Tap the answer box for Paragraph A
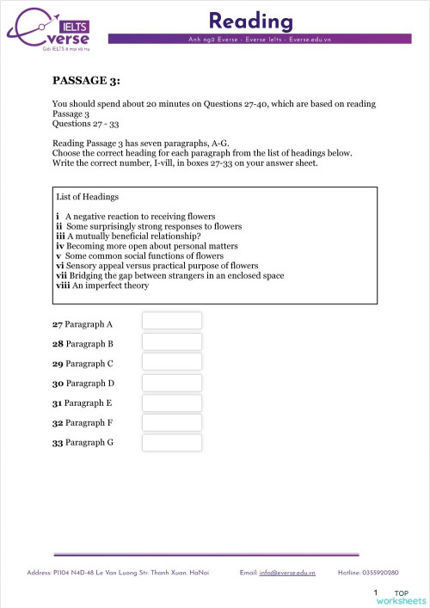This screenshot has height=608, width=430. (171, 321)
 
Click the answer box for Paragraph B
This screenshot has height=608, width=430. (171, 341)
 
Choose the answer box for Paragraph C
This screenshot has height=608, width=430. (171, 362)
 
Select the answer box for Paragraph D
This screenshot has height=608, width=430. (171, 383)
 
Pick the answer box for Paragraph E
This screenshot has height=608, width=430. (171, 402)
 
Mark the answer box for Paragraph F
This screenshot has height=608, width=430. (171, 422)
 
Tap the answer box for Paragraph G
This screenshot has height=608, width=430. (171, 443)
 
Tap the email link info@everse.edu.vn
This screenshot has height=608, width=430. (286, 572)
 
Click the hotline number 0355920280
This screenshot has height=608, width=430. (390, 572)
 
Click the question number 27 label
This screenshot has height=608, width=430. (58, 324)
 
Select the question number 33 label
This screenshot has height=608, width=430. (58, 443)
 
